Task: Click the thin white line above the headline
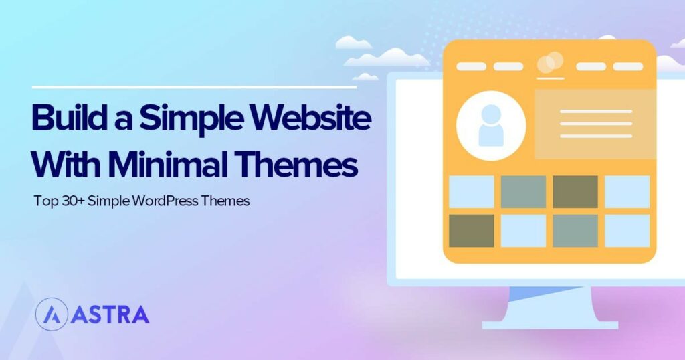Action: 194,87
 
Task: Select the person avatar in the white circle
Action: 490,126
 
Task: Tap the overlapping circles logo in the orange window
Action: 549,63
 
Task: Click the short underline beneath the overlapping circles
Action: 549,78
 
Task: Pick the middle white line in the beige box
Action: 595,124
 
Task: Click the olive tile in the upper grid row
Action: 575,191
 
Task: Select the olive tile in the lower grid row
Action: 472,230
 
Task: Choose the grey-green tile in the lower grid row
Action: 575,230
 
